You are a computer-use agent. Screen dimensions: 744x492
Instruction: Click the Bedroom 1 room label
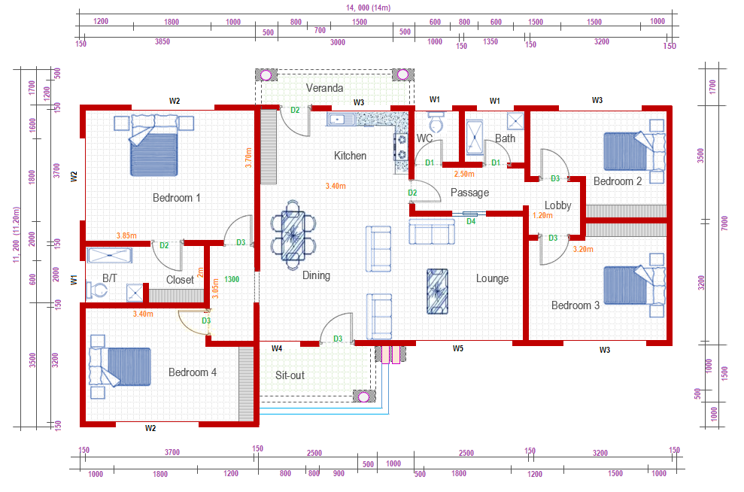[x=177, y=197]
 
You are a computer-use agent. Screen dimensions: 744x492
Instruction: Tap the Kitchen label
[x=350, y=156]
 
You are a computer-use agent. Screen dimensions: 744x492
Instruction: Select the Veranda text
[x=324, y=88]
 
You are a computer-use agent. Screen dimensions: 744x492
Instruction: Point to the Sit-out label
[x=290, y=375]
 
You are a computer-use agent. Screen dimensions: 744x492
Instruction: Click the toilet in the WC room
[x=436, y=123]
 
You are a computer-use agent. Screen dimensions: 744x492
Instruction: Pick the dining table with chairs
[x=293, y=235]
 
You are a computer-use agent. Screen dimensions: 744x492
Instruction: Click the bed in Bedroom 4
[x=120, y=367]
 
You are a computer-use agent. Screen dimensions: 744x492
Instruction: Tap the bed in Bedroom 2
[x=634, y=151]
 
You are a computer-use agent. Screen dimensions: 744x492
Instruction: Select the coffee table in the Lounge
[x=437, y=292]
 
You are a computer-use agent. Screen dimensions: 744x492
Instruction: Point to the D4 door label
[x=471, y=222]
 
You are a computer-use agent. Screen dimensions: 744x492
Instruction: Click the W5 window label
[x=458, y=348]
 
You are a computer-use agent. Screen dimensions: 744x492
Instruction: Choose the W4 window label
[x=277, y=348]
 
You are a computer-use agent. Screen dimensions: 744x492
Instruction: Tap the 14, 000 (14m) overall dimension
[x=368, y=8]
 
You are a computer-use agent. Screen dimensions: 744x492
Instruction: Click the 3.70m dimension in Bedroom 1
[x=248, y=157]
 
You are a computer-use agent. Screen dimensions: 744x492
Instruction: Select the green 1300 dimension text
[x=232, y=279]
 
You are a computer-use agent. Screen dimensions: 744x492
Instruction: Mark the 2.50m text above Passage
[x=464, y=174]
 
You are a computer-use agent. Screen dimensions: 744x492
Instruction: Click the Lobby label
[x=557, y=205]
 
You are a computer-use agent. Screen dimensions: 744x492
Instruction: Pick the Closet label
[x=180, y=280]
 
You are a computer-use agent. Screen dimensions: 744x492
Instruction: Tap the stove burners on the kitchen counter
[x=402, y=147]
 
